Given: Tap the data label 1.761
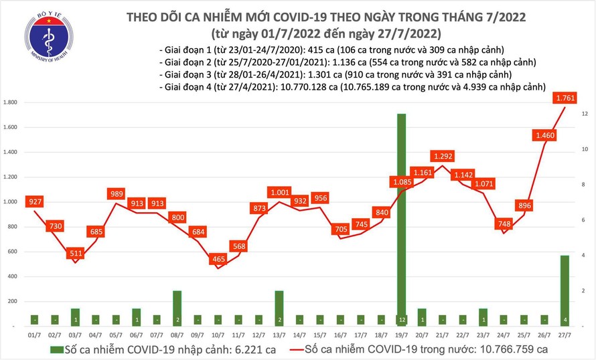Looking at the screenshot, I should [566, 98].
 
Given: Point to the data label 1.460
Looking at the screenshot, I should [545, 136].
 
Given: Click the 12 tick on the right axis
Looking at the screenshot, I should [585, 114].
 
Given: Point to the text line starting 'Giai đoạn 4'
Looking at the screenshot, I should [353, 87].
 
